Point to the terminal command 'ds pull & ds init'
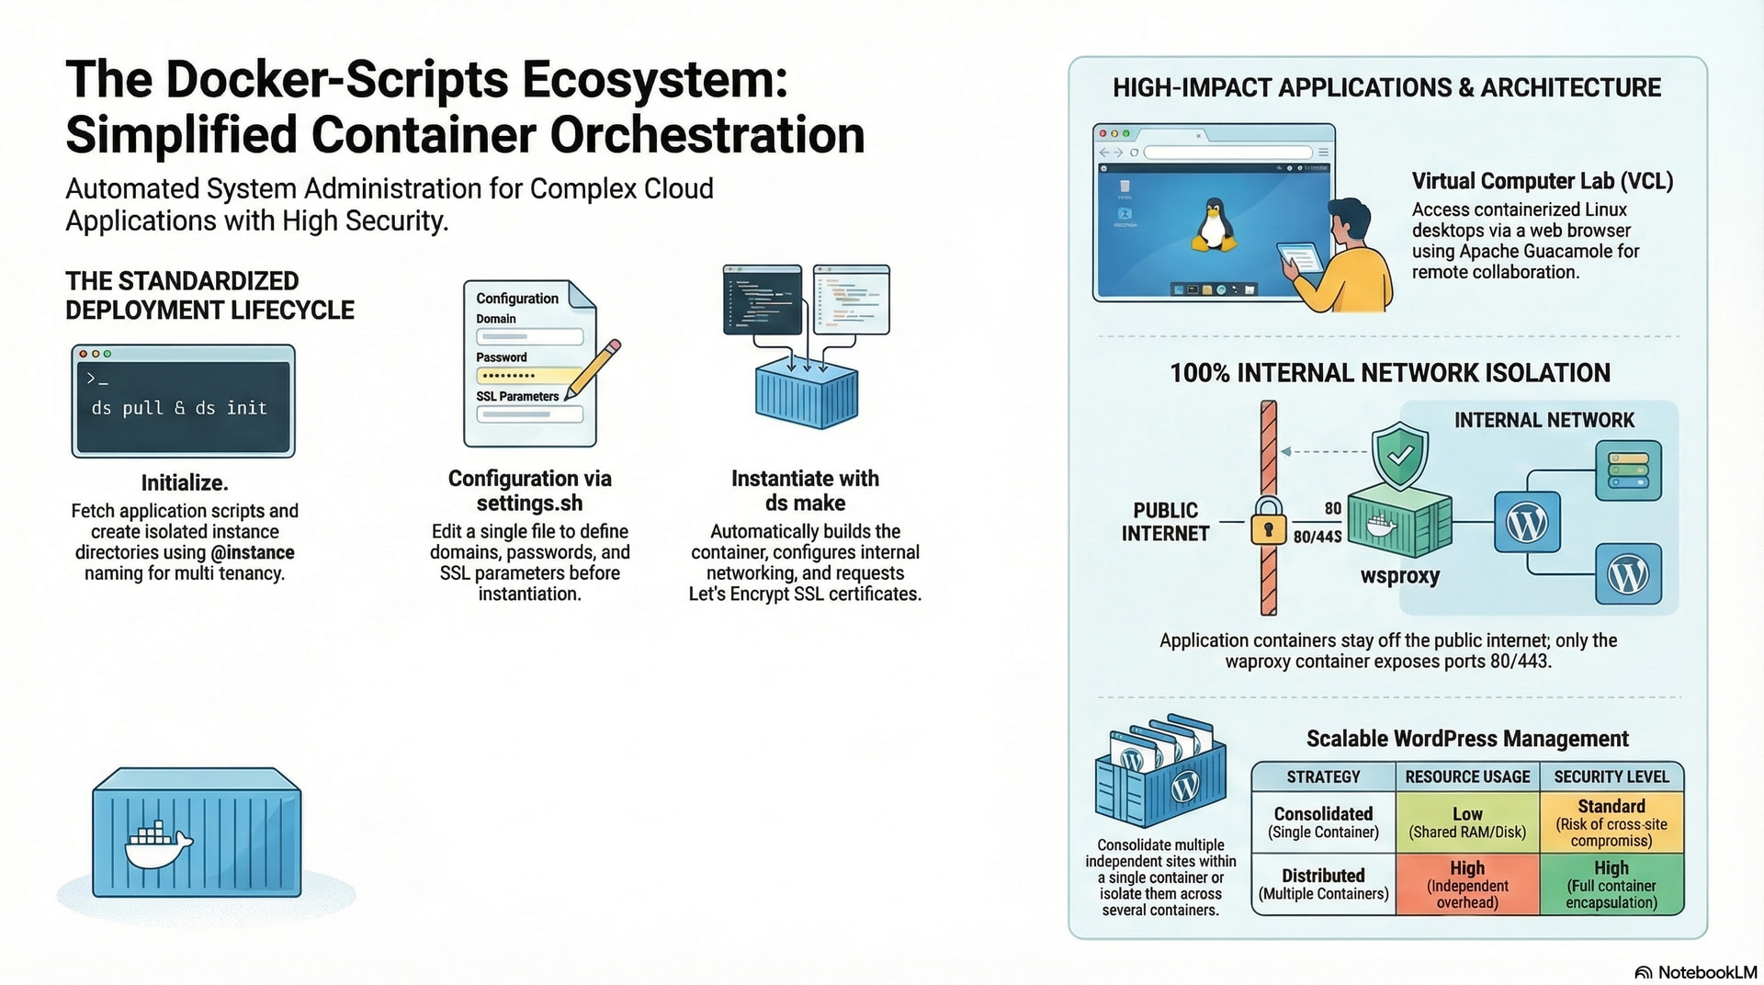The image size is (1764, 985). pos(179,408)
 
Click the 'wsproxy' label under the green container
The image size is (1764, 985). pos(1399,576)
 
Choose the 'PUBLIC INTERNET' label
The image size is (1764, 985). pos(1165,522)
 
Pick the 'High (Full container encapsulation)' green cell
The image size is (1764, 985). pos(1611,884)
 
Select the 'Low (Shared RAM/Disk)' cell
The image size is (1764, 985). pos(1467,822)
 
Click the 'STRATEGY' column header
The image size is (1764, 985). pos(1323,776)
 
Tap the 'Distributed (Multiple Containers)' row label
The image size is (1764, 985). pos(1323,884)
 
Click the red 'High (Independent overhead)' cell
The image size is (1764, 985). pos(1467,884)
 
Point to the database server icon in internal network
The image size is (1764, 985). pos(1628,470)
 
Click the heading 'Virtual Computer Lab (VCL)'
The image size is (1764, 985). pos(1542,181)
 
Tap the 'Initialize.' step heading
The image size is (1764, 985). pos(185,482)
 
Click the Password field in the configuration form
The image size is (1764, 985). pos(529,375)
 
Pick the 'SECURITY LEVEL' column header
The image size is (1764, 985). pos(1611,776)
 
